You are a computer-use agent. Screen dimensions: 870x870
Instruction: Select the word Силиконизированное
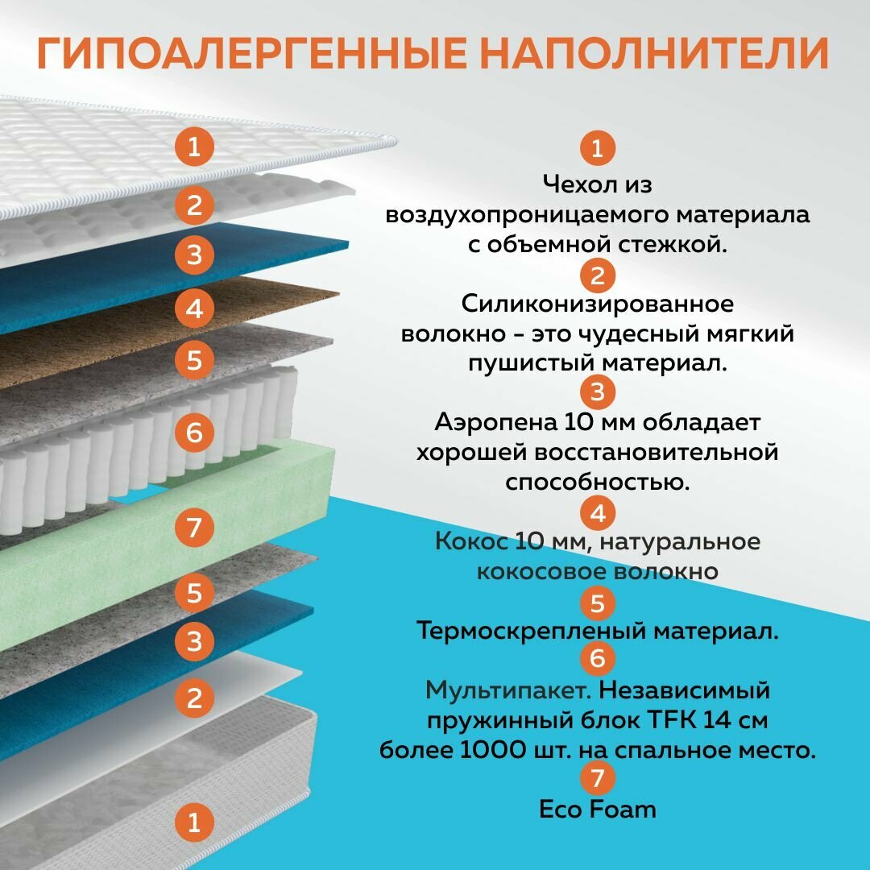[597, 304]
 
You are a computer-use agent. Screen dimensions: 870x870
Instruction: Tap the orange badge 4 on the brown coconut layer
[194, 308]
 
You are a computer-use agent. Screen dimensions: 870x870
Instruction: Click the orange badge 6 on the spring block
[194, 433]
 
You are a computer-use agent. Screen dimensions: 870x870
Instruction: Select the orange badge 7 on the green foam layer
[194, 528]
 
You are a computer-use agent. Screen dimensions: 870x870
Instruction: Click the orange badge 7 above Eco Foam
[597, 778]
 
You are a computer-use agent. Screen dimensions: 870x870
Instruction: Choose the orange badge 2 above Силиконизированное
[597, 275]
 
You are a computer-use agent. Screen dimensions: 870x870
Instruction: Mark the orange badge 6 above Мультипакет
[597, 659]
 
